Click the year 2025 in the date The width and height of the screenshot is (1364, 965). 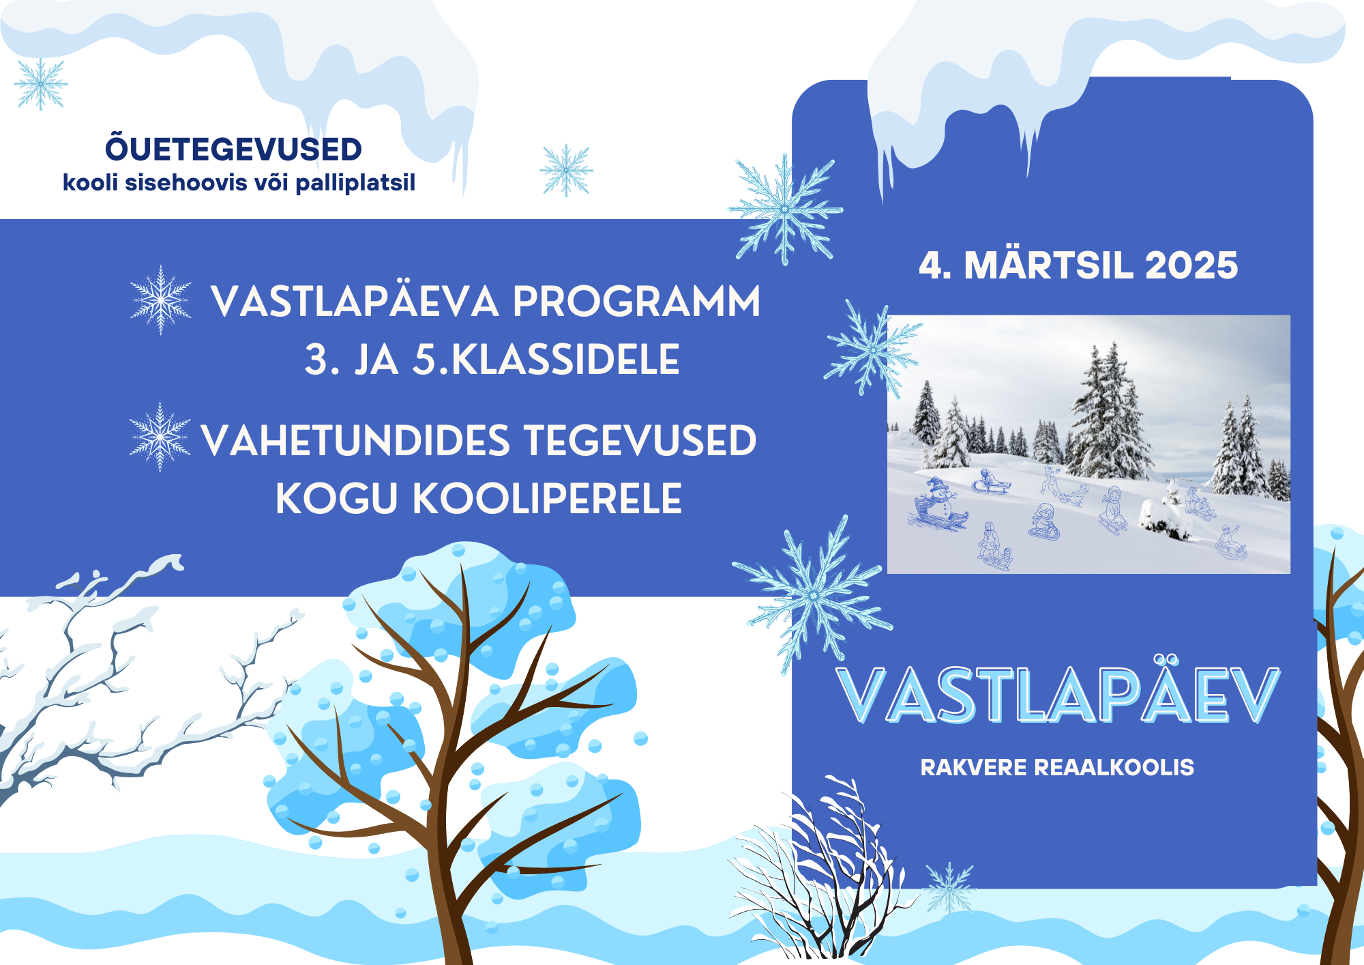(1191, 265)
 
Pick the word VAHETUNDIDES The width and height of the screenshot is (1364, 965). (355, 440)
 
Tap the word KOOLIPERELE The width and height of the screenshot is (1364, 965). (547, 498)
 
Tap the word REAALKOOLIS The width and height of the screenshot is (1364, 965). (1114, 767)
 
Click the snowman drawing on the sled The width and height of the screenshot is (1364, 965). (938, 503)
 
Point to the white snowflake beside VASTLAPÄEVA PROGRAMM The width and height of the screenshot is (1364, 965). (161, 300)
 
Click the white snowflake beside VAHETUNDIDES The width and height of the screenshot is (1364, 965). (160, 437)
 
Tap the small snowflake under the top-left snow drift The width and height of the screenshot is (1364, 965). (41, 84)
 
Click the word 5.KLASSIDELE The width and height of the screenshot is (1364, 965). (546, 360)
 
